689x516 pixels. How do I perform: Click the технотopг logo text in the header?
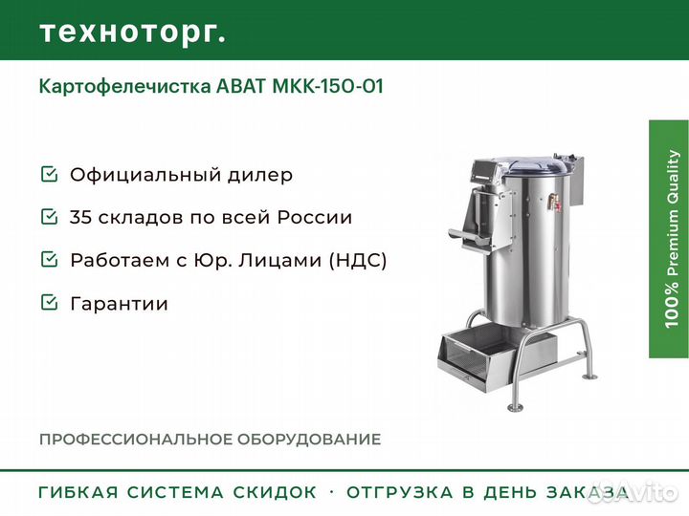tap(133, 32)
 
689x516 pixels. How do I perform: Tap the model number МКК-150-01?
tap(328, 86)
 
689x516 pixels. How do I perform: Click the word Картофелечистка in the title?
tap(124, 86)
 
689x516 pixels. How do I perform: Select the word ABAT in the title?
tap(241, 86)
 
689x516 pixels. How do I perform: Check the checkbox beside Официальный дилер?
tap(49, 173)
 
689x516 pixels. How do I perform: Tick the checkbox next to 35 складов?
tap(49, 216)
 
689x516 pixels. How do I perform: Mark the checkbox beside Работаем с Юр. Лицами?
tap(49, 259)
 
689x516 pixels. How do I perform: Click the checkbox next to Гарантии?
tap(49, 302)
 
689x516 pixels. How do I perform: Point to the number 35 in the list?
tap(80, 217)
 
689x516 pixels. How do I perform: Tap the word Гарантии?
tap(119, 304)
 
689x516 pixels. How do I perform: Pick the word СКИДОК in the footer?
tap(275, 492)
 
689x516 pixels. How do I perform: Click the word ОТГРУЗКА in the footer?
tap(400, 492)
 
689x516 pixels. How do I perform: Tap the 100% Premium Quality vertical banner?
tap(669, 239)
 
